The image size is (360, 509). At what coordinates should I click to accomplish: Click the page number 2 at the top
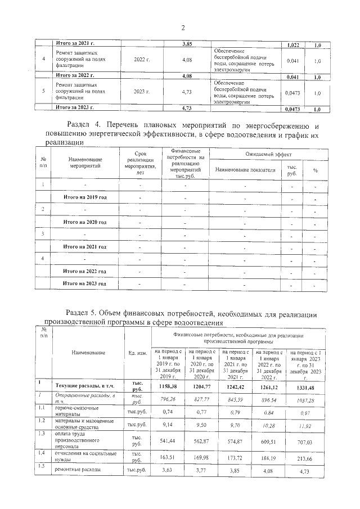[x=183, y=29]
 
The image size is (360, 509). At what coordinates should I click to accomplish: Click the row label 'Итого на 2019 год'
[x=85, y=197]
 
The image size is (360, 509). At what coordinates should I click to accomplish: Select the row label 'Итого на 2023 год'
[x=85, y=283]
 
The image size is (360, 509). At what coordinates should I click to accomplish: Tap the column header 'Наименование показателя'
[x=245, y=169]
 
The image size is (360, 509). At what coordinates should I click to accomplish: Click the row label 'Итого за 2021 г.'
[x=75, y=44]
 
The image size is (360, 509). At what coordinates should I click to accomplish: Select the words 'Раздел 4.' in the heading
[x=85, y=125]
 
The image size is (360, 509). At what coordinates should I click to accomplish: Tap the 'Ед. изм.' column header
[x=138, y=353]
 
